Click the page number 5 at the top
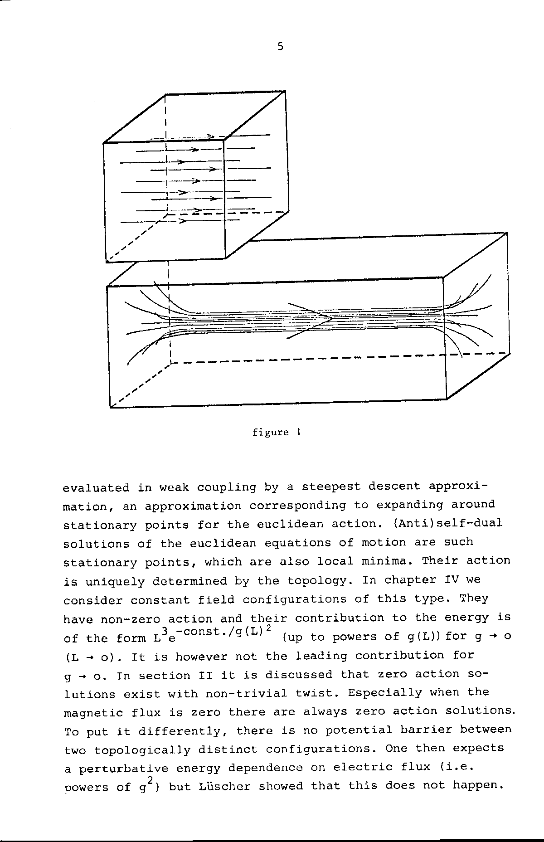click(x=280, y=46)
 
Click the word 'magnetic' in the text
click(x=93, y=713)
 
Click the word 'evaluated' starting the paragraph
click(x=96, y=488)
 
